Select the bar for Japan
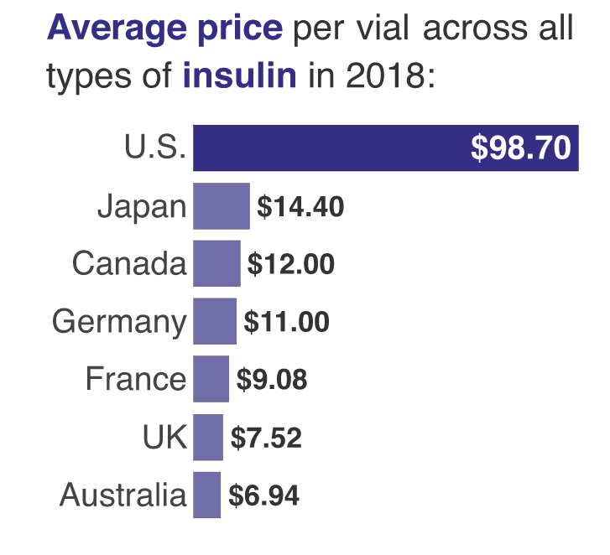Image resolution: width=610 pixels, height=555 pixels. point(222,206)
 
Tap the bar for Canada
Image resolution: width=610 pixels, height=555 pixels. point(216,264)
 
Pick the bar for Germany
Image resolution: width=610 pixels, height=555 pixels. point(215,322)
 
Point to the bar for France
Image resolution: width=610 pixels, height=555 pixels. point(211,379)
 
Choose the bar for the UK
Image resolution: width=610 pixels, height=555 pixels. point(208,437)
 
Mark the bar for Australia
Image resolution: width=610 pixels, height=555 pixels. point(206,495)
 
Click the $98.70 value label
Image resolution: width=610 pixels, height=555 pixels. point(520,149)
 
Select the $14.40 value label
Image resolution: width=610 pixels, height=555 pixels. point(300,207)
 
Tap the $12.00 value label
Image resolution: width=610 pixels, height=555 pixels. point(291,265)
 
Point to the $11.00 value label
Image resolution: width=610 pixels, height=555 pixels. point(286,322)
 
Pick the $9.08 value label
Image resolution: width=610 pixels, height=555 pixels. point(272,380)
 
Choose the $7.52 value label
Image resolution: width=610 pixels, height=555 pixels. point(266,438)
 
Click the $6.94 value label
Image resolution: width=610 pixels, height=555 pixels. point(263,495)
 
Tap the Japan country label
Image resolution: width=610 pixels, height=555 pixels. point(142,207)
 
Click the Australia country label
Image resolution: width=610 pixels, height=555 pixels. point(123,495)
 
